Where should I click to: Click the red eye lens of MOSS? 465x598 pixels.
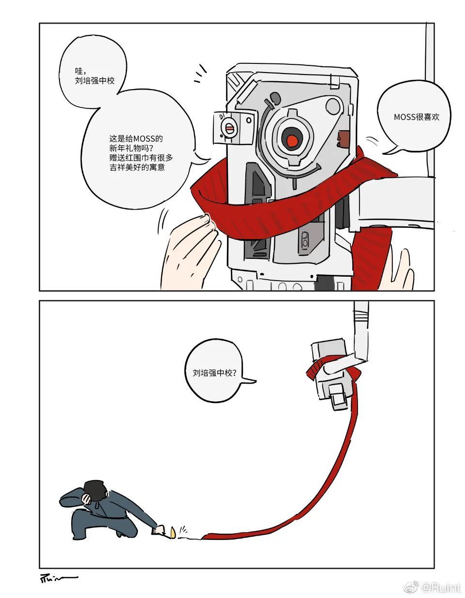pyautogui.click(x=292, y=140)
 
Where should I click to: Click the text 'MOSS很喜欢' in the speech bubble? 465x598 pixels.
pyautogui.click(x=416, y=117)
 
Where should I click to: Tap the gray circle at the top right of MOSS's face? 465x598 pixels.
pyautogui.click(x=333, y=105)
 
